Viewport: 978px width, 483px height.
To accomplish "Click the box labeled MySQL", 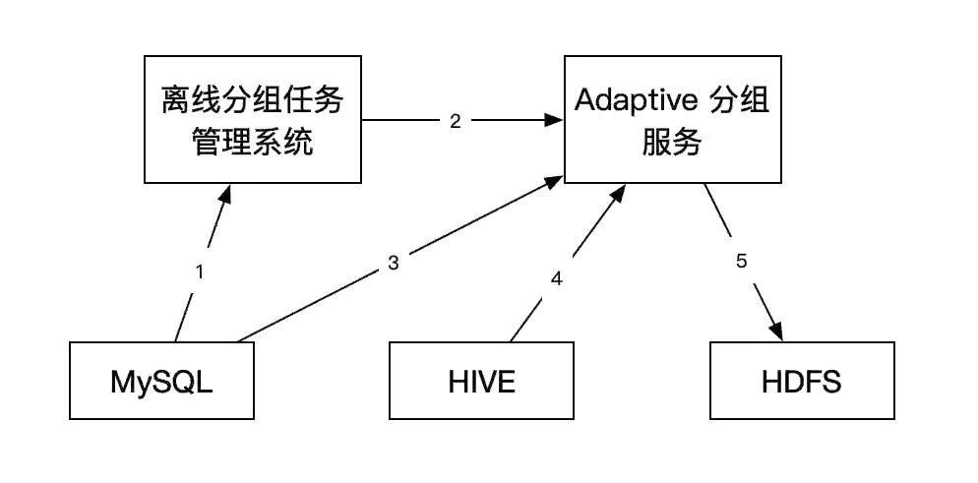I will [162, 382].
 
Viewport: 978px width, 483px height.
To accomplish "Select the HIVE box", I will [481, 382].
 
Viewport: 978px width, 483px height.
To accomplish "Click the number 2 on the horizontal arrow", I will [455, 121].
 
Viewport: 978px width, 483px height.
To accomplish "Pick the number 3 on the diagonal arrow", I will [393, 263].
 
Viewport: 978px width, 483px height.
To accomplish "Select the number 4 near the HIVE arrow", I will [556, 279].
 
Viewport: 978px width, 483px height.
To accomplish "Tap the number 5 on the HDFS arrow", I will [741, 262].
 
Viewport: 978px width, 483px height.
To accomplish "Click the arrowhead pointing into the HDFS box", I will [776, 332].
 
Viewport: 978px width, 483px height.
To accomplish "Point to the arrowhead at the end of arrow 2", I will [554, 121].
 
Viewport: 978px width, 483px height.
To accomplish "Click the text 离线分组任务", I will [252, 100].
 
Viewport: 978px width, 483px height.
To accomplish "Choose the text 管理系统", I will [252, 145].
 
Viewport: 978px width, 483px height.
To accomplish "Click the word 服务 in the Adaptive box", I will [672, 145].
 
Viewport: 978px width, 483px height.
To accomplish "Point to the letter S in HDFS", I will [829, 382].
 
